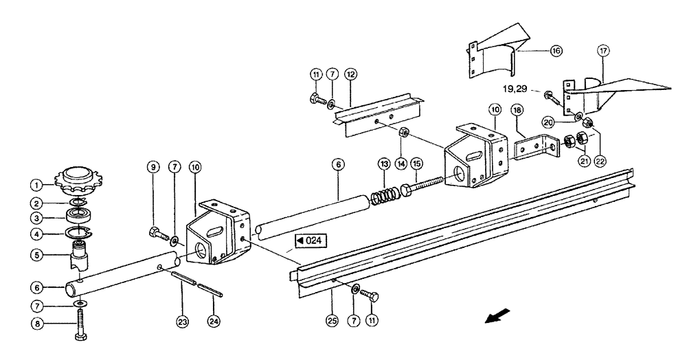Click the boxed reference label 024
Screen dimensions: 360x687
pos(309,240)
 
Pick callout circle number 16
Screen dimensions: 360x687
pos(555,50)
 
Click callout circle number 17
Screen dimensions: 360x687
pos(602,50)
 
